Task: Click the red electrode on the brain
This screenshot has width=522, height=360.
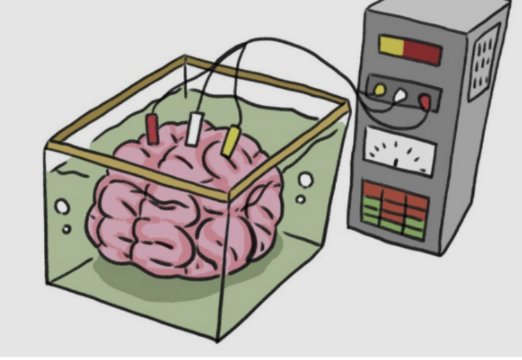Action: (x=152, y=129)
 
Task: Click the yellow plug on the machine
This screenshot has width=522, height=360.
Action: (x=380, y=89)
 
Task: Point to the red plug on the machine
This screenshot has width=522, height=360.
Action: (x=424, y=102)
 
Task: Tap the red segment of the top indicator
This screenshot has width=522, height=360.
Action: (x=422, y=51)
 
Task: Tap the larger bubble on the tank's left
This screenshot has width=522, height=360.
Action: (x=61, y=207)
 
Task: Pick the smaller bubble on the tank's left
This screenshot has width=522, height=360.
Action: (x=67, y=228)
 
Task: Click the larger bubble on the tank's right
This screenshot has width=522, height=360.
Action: (x=306, y=180)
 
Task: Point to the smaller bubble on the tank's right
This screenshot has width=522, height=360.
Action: (x=301, y=199)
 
